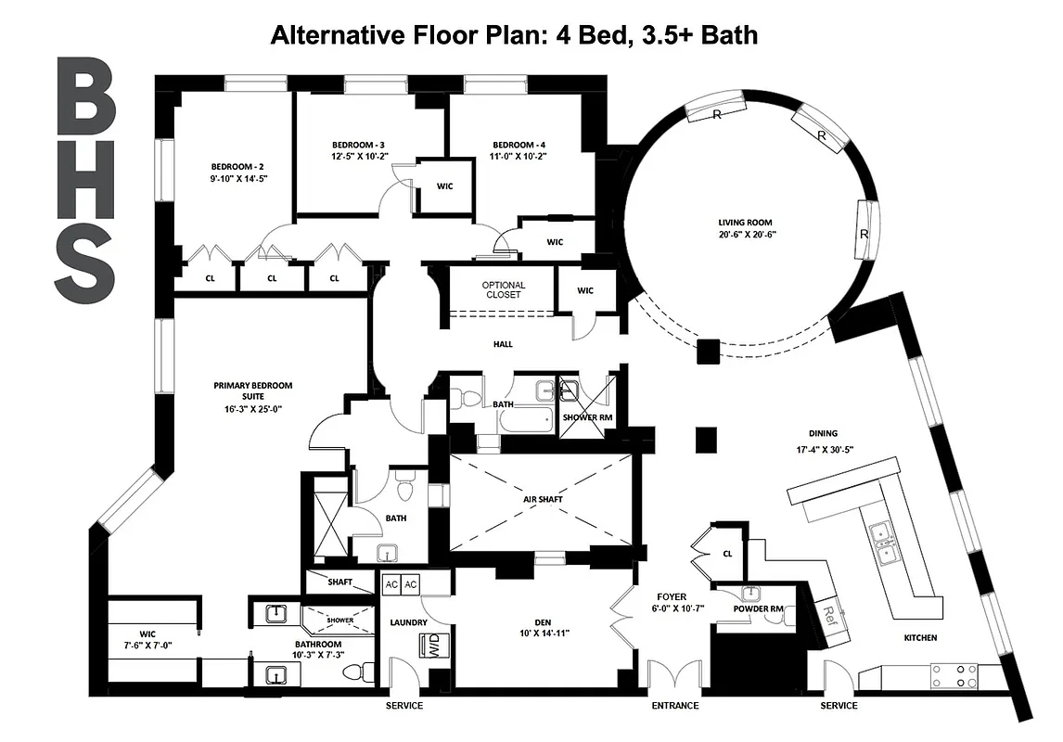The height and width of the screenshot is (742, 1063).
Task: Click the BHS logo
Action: click(84, 181)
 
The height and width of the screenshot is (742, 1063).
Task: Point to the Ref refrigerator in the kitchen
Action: click(830, 613)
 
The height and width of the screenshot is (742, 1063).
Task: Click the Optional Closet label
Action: click(503, 289)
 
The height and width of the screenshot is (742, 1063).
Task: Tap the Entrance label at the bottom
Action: click(674, 706)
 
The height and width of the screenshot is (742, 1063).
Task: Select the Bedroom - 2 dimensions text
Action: click(238, 179)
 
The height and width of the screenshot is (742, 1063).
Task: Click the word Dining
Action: click(822, 433)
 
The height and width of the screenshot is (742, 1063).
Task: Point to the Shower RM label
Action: click(587, 417)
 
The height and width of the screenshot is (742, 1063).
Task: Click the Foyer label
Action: click(672, 596)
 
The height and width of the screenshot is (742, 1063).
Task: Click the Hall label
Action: click(503, 344)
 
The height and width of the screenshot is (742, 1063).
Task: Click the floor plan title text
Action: click(514, 35)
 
